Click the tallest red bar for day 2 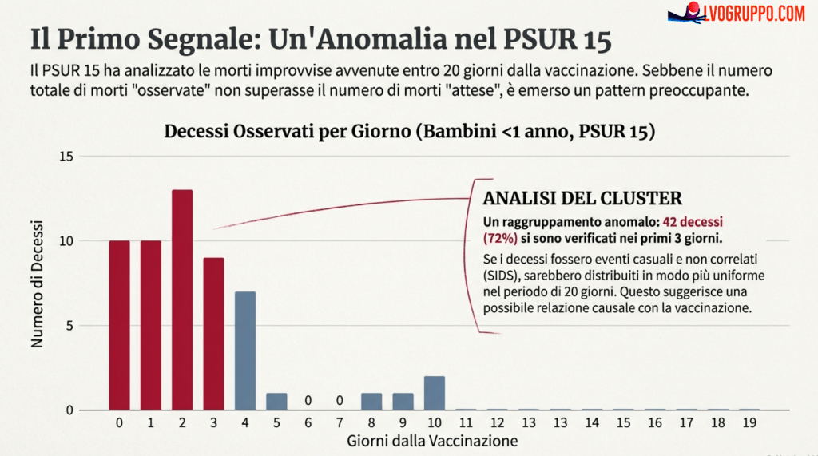[x=182, y=299]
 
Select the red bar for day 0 [x=120, y=325]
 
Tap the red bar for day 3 [x=213, y=334]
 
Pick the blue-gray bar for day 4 [x=245, y=351]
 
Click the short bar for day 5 [x=276, y=401]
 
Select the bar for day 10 [x=434, y=393]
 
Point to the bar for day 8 [x=371, y=401]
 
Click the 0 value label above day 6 [x=308, y=400]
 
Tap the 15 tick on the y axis [x=66, y=157]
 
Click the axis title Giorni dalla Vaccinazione [x=432, y=441]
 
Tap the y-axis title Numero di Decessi [x=37, y=284]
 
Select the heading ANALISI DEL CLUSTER [x=582, y=198]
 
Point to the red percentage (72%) [x=500, y=237]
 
